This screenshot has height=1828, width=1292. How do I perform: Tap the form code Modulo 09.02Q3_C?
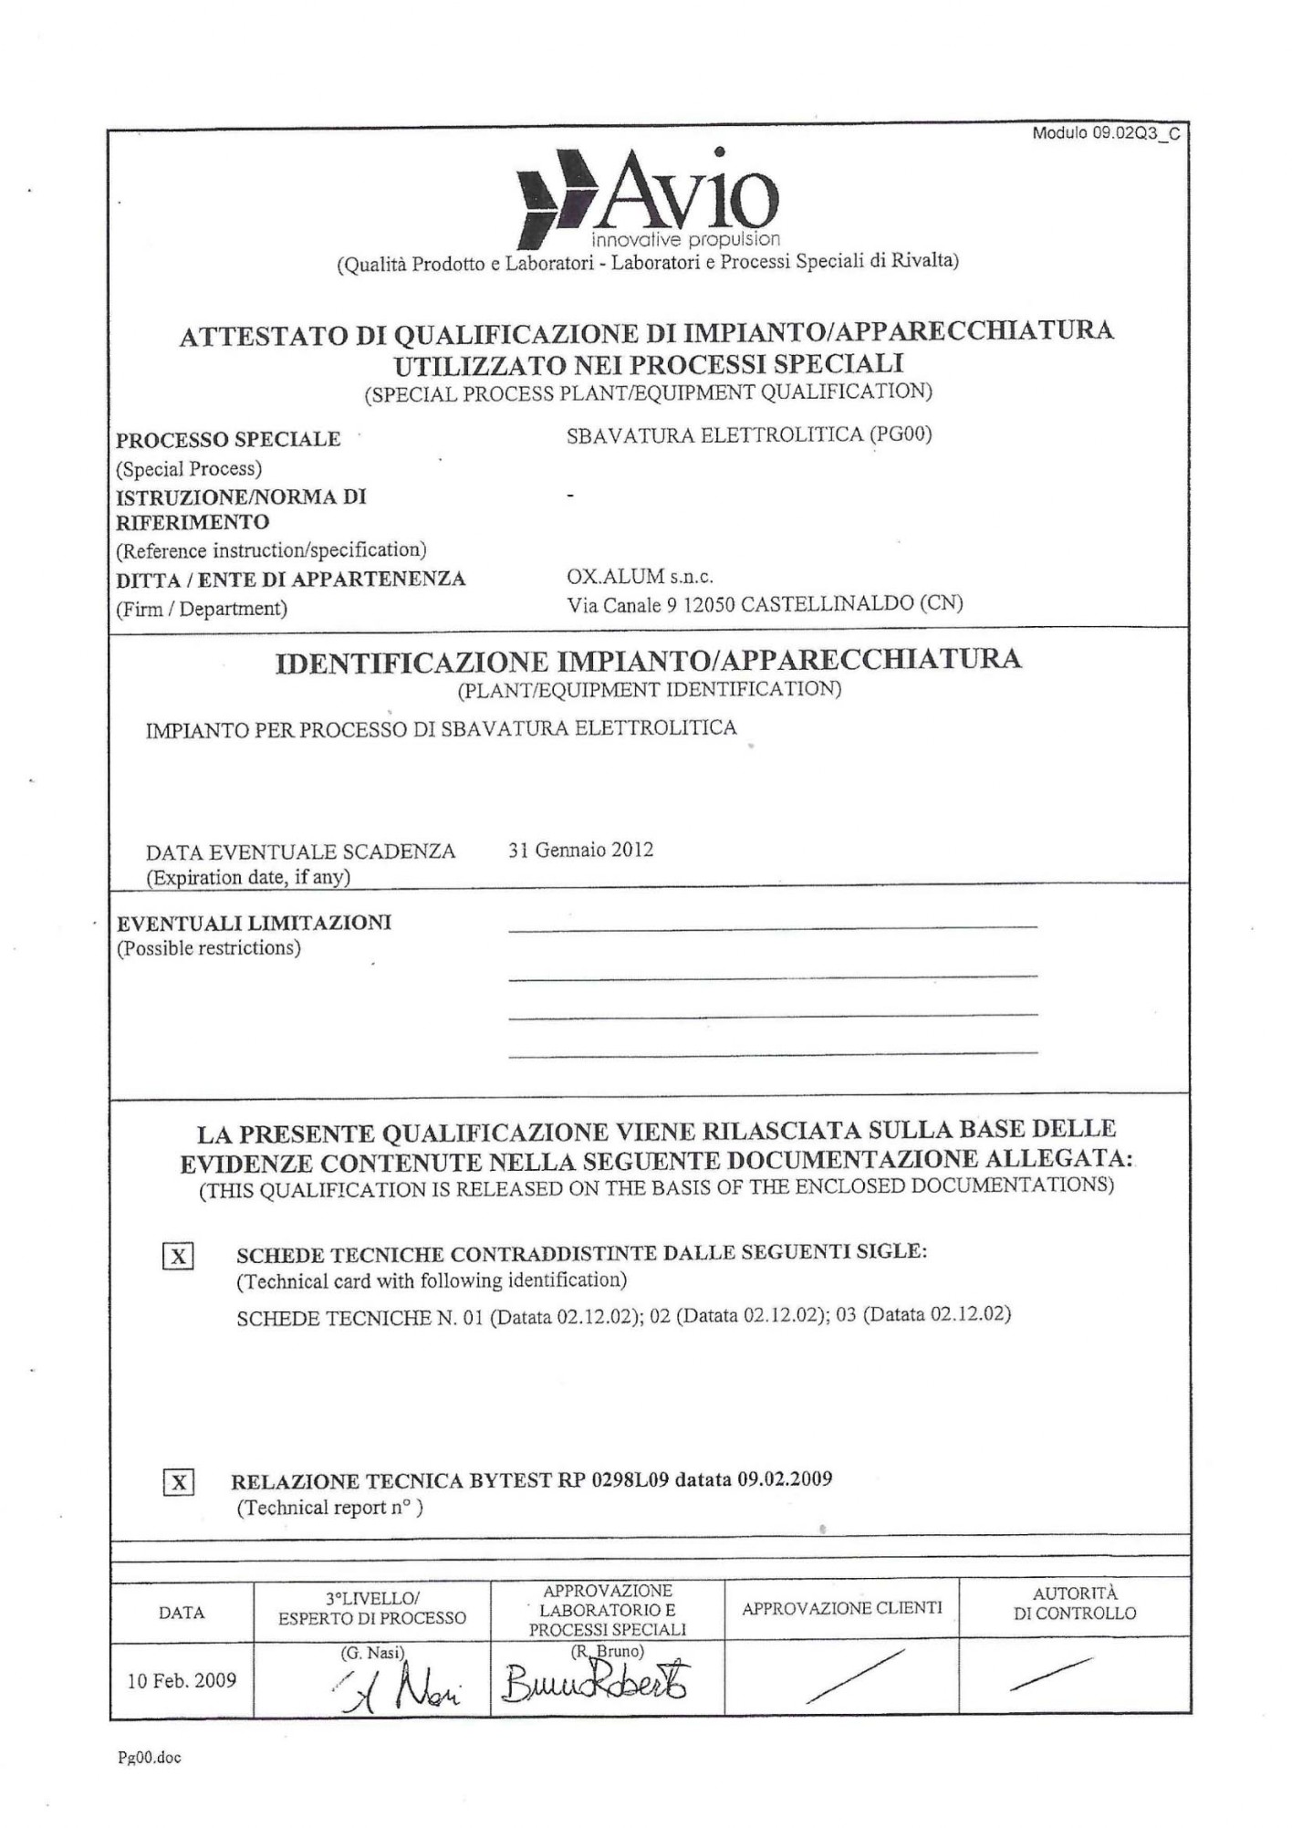tap(1105, 133)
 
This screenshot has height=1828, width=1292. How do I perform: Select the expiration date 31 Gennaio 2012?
tap(580, 850)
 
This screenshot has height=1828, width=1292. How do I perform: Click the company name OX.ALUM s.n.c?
tap(640, 577)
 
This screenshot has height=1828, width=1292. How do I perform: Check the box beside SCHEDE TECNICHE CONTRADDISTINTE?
tap(178, 1257)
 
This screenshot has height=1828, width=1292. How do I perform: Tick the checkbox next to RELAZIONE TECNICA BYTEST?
tap(178, 1482)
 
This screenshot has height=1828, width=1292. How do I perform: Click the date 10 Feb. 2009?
tap(182, 1680)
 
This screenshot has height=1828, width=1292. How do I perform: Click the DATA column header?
tap(181, 1613)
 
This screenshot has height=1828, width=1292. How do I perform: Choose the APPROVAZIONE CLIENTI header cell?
tap(841, 1609)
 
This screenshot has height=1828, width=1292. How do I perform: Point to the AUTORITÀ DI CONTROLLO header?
tap(1074, 1603)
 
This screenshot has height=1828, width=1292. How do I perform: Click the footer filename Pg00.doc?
tap(149, 1758)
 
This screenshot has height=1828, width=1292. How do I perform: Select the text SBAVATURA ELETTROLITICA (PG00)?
tap(748, 435)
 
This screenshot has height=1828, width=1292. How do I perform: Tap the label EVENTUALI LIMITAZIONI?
tap(254, 923)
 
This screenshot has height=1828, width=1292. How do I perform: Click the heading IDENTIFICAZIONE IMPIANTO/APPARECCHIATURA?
tap(648, 660)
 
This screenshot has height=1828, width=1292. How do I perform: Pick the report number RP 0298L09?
tap(612, 1479)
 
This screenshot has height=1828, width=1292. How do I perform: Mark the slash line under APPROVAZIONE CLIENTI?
tap(855, 1676)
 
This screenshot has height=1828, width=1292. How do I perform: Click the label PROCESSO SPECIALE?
tap(228, 439)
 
